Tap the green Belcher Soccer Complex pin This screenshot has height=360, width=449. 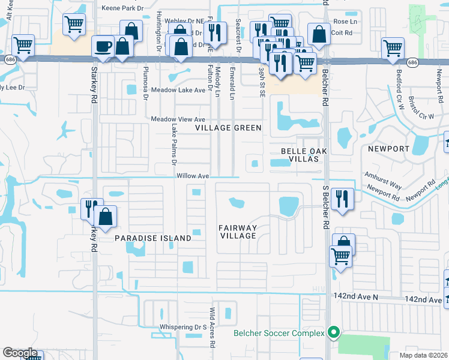[x=334, y=332]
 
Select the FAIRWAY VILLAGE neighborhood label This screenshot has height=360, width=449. [x=238, y=232]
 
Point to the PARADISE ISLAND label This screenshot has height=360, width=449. [x=152, y=238]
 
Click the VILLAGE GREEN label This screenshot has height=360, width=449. [x=228, y=128]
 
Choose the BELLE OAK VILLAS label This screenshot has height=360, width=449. [x=304, y=155]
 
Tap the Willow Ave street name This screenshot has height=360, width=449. [x=192, y=176]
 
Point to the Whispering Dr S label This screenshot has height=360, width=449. [x=182, y=327]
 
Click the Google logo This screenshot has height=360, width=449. [x=20, y=352]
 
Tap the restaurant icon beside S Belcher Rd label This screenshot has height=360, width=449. [x=342, y=199]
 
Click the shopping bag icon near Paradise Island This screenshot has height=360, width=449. [x=105, y=218]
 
